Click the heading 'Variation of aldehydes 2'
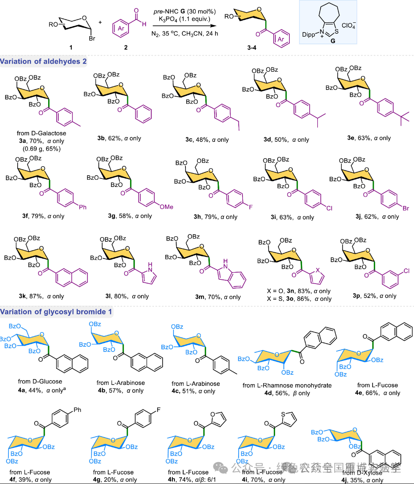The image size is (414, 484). point(44,62)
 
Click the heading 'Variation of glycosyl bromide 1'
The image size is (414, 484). point(57,312)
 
